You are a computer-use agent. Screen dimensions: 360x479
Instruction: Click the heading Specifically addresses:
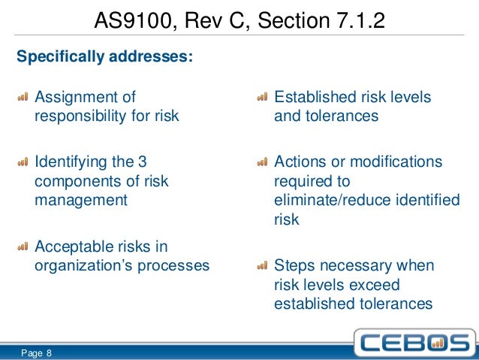pos(104,56)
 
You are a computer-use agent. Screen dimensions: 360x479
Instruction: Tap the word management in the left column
pos(81,200)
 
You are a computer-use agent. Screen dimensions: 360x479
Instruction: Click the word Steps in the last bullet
pos(294,267)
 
